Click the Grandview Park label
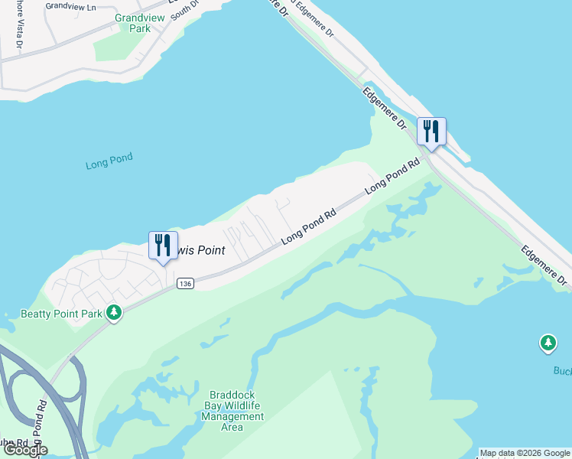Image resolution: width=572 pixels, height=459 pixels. coord(133,23)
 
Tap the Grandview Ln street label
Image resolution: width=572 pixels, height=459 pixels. coord(70,5)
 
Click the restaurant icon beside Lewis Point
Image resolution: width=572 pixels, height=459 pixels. coord(162,246)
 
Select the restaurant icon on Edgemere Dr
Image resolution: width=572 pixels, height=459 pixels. coord(431,132)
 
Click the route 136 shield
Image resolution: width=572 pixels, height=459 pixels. coord(184,283)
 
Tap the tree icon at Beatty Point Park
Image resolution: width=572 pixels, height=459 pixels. coord(114,312)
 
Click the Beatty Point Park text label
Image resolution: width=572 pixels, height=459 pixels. coord(61,313)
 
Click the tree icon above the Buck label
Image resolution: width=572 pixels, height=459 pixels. coord(548,343)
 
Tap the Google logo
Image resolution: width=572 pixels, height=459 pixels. coord(24,450)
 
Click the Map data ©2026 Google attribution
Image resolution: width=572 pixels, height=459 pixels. coord(525,453)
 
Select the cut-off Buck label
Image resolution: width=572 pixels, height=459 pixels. coord(563,371)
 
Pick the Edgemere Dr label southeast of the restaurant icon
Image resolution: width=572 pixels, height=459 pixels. coord(544,265)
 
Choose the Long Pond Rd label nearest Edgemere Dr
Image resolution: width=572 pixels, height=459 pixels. coord(393,175)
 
